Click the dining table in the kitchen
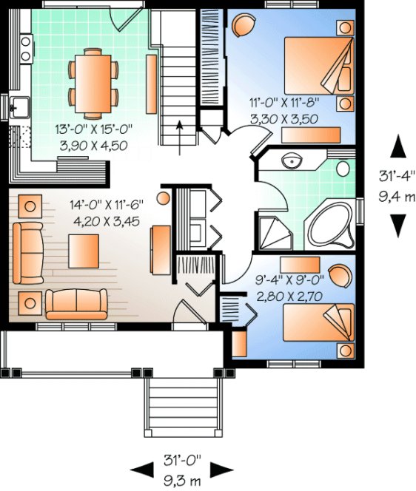click(x=93, y=81)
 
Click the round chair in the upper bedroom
click(x=244, y=27)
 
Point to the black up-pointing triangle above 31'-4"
click(x=397, y=146)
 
